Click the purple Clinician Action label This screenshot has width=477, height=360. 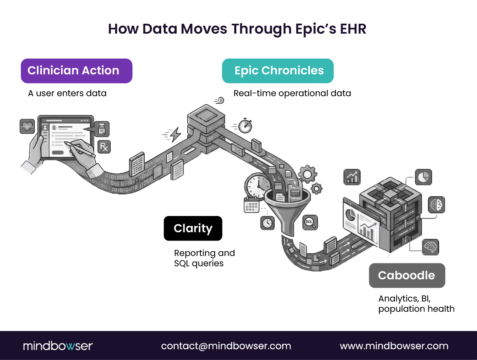(76, 71)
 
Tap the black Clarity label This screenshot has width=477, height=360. (193, 228)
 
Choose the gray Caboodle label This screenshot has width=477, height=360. (407, 275)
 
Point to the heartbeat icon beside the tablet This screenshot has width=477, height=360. (27, 127)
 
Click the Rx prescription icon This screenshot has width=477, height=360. (104, 147)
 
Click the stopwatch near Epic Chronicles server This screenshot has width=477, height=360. (246, 125)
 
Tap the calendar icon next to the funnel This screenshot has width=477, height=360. (251, 205)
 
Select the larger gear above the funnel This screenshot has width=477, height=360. (307, 173)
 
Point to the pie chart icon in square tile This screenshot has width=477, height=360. (423, 177)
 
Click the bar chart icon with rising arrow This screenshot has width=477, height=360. (352, 177)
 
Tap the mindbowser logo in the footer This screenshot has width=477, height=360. (58, 346)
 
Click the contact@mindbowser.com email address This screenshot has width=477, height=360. (226, 346)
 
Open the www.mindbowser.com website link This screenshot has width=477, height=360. (394, 346)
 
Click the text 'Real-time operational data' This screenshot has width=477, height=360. (292, 93)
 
